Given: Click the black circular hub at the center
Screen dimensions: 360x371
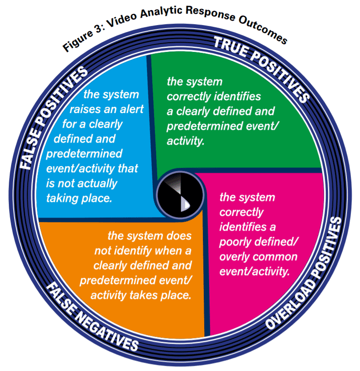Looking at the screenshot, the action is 180,193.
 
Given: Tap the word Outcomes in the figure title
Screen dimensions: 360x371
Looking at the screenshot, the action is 263,29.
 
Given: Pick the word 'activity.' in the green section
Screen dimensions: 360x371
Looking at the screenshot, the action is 185,141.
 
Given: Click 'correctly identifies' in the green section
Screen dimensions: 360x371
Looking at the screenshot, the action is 213,97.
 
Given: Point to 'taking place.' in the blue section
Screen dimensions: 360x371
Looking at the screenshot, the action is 79,198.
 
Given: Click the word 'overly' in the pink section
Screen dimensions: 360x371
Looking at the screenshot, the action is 233,257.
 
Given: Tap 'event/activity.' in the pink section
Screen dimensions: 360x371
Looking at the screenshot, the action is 255,272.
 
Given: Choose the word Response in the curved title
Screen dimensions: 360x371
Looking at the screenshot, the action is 210,14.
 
